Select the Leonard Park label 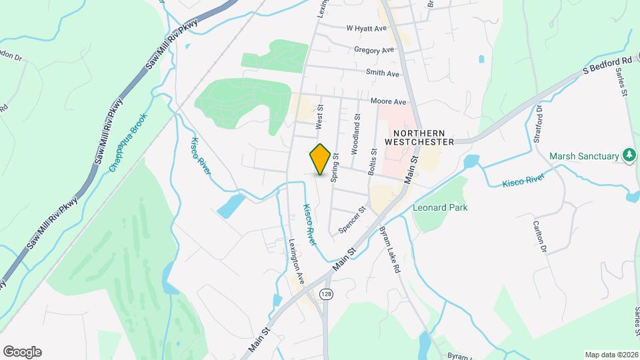tap(440, 207)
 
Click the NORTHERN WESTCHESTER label tap(419, 137)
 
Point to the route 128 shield tap(325, 295)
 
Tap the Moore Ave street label tap(389, 102)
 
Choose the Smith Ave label tap(382, 73)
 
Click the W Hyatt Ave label tap(367, 29)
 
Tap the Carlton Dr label tap(539, 237)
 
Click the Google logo tap(22, 352)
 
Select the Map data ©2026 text tap(611, 355)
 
